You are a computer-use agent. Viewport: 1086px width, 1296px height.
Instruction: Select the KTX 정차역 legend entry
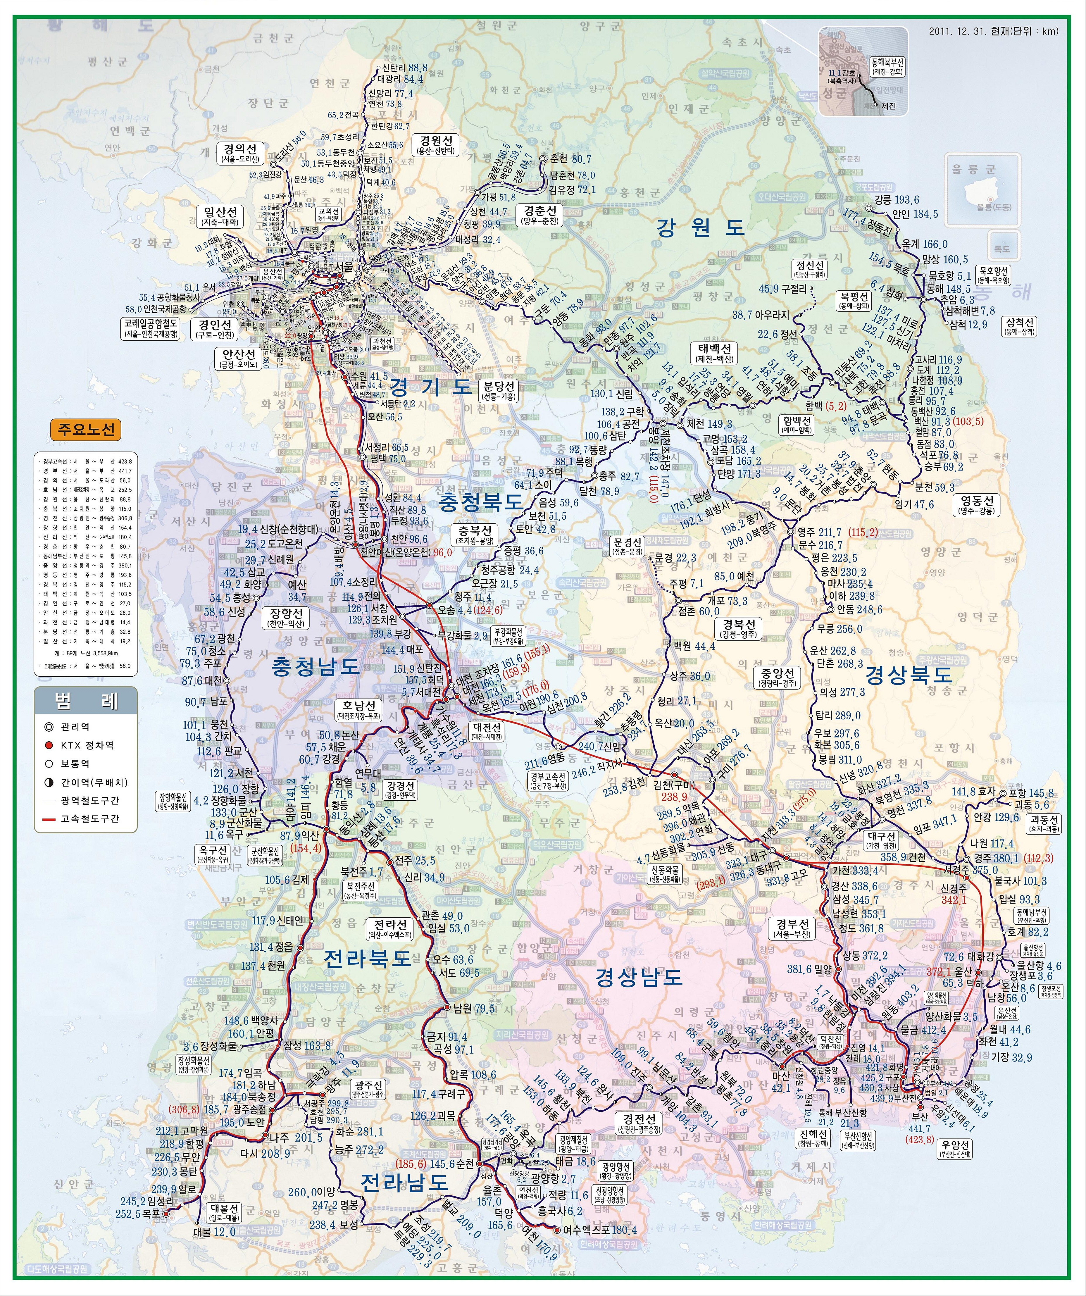(x=86, y=745)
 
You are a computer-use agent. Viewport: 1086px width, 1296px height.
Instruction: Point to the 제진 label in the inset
(x=889, y=106)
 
